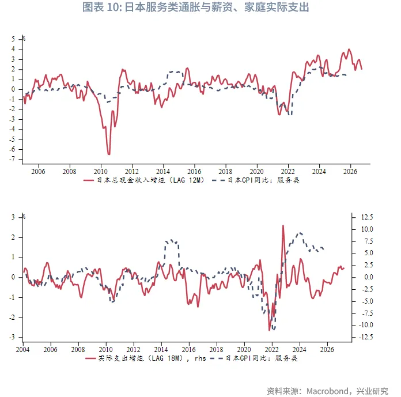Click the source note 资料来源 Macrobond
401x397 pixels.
[x=327, y=390]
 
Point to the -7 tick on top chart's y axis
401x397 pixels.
[x=12, y=159]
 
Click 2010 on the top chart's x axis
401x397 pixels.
[x=100, y=171]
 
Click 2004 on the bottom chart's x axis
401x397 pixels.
[x=23, y=350]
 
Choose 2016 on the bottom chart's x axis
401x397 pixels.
[x=189, y=350]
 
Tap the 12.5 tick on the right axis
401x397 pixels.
[x=366, y=217]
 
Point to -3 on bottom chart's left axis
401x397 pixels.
[x=12, y=337]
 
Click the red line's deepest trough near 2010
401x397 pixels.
[x=108, y=154]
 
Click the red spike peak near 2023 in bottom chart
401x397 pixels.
[x=283, y=225]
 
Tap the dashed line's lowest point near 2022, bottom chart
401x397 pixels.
[x=273, y=330]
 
